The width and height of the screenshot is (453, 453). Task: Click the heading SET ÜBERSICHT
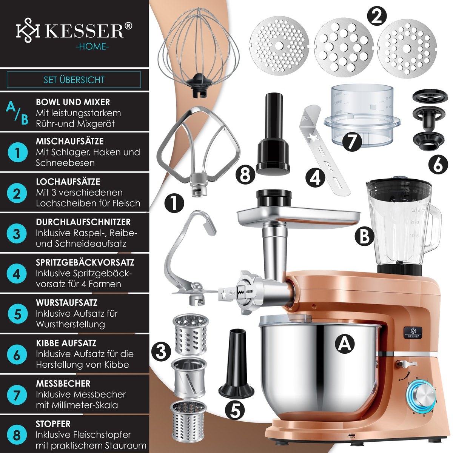coord(74,80)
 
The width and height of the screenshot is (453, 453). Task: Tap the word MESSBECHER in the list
coord(63,384)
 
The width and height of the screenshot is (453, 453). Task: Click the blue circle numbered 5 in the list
coord(17,314)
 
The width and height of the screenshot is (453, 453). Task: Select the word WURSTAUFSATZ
coord(67,302)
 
